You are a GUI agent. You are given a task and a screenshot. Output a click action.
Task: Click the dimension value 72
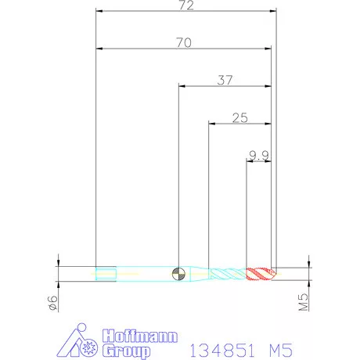coord(186,5)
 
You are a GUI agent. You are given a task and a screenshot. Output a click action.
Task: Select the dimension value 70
coord(184,43)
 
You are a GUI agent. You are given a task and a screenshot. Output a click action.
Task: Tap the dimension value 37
coord(225,81)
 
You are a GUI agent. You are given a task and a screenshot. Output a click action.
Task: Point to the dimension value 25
coord(240,118)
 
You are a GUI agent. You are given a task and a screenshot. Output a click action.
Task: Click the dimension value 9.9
coord(258,156)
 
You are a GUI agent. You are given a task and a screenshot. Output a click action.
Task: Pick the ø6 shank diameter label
coord(53,303)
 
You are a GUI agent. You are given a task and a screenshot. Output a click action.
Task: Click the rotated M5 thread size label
coord(304,302)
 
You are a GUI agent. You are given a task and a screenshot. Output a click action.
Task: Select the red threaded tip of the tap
coord(261,274)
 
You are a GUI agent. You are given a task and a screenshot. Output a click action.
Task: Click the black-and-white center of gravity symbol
coord(178,274)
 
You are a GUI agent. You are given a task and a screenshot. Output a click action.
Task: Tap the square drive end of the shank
coord(106,274)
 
